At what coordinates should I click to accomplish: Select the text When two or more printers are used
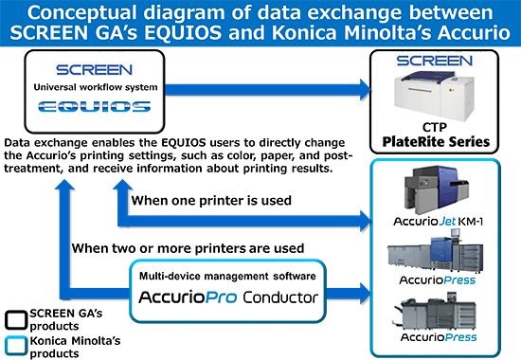176,248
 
